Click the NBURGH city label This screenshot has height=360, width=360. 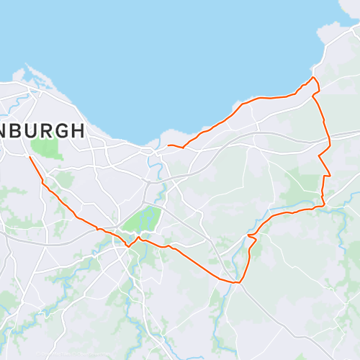(42, 131)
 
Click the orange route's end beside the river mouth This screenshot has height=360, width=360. (168, 146)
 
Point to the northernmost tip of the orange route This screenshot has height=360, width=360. (312, 77)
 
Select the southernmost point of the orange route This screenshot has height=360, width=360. (236, 282)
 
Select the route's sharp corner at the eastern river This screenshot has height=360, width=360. (323, 205)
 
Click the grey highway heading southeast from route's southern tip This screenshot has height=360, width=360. (274, 317)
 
